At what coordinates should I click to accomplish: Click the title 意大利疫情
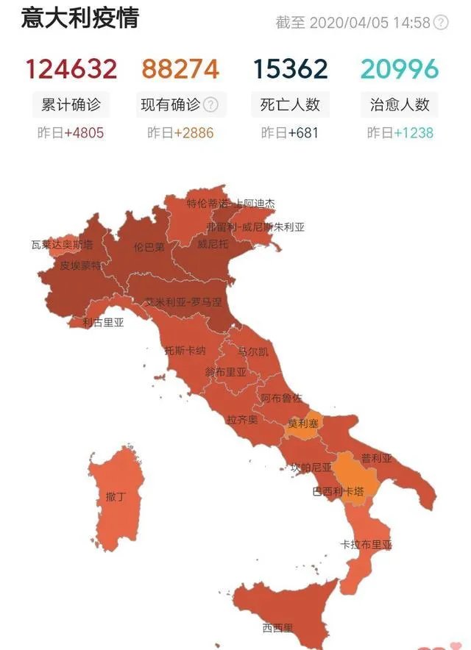click(x=79, y=18)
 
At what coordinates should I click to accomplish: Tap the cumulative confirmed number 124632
click(x=71, y=69)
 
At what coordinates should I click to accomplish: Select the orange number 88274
click(x=180, y=69)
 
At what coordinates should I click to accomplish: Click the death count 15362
click(x=290, y=69)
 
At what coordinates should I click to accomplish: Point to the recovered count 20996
click(x=400, y=69)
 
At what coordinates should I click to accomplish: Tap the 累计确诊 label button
click(x=71, y=104)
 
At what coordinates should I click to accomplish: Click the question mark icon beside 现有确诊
click(x=210, y=104)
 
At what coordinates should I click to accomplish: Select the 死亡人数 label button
click(x=290, y=104)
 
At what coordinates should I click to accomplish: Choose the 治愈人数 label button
click(x=400, y=104)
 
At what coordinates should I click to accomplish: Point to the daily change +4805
click(x=85, y=133)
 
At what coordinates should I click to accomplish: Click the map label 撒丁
click(x=116, y=497)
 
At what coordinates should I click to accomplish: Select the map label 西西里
click(x=277, y=628)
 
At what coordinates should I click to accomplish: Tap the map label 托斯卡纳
click(x=185, y=350)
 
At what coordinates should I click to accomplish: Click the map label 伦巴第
click(x=149, y=247)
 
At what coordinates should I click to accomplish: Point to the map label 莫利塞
click(x=303, y=424)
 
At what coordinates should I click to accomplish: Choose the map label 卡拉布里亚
click(x=366, y=545)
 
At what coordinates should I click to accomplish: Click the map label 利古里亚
click(x=103, y=322)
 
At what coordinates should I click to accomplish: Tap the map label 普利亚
click(x=376, y=458)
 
